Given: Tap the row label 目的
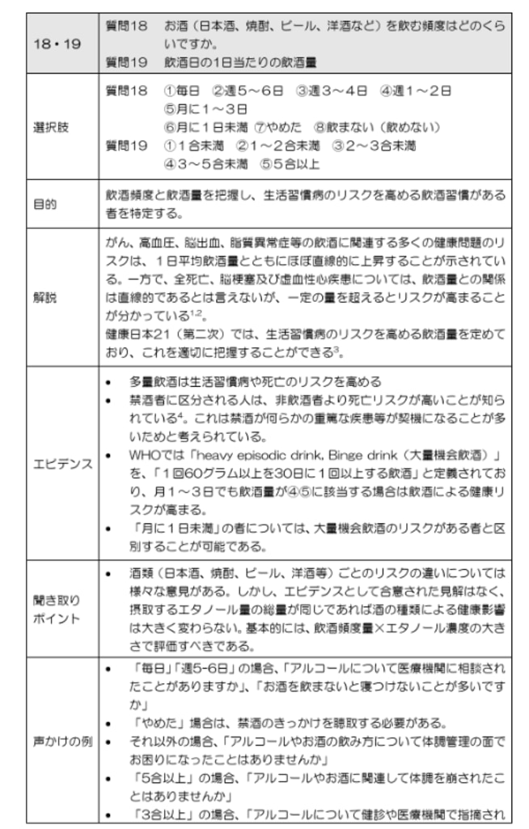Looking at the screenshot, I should point(45,204).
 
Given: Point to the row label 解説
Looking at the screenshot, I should point(45,298).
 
